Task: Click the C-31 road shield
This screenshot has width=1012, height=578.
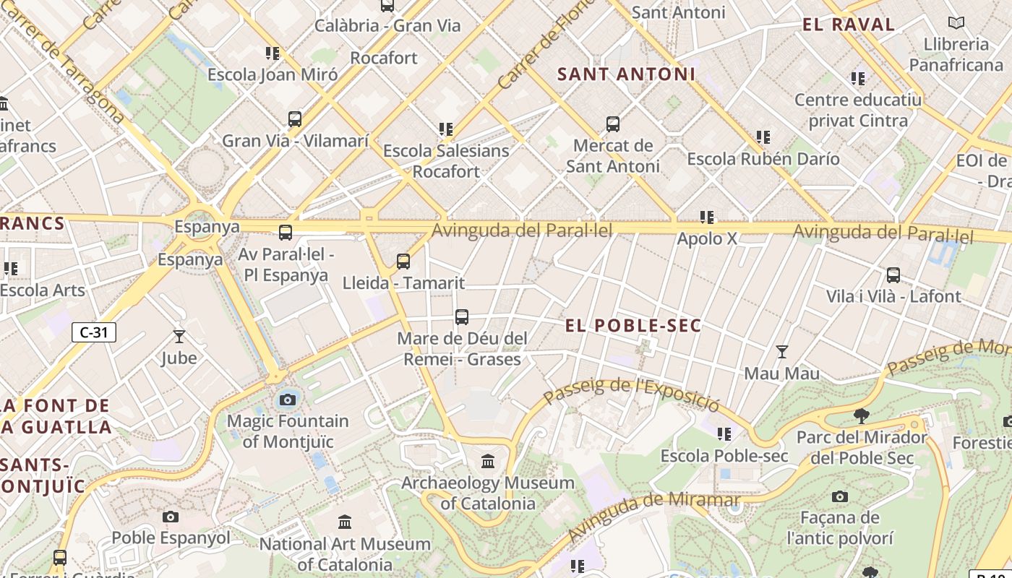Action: tap(94, 332)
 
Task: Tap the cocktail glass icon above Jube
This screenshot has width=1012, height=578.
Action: tap(179, 336)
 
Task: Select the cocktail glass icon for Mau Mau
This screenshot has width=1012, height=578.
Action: tap(781, 352)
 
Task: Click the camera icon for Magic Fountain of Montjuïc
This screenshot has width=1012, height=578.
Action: tap(288, 400)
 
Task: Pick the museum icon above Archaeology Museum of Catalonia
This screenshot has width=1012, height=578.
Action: tap(488, 461)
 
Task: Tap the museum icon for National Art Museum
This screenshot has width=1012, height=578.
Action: tap(345, 522)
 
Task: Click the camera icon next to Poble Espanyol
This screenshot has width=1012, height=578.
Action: tap(171, 517)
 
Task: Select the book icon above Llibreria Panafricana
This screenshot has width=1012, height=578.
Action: tap(956, 23)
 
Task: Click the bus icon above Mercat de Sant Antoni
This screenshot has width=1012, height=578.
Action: tap(613, 124)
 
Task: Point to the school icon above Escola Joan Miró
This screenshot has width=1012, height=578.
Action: tap(272, 53)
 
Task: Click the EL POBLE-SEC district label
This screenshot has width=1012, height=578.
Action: tap(633, 326)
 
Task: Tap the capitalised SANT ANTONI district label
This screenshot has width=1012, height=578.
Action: tap(626, 74)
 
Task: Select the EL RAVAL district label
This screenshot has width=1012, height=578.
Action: tap(849, 25)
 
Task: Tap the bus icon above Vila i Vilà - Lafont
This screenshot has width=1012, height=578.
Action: tap(893, 275)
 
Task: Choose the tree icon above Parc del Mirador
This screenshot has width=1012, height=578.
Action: tap(861, 415)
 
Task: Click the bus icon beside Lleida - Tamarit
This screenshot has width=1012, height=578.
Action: tap(403, 262)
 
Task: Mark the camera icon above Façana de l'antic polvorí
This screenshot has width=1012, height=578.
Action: tap(839, 496)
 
